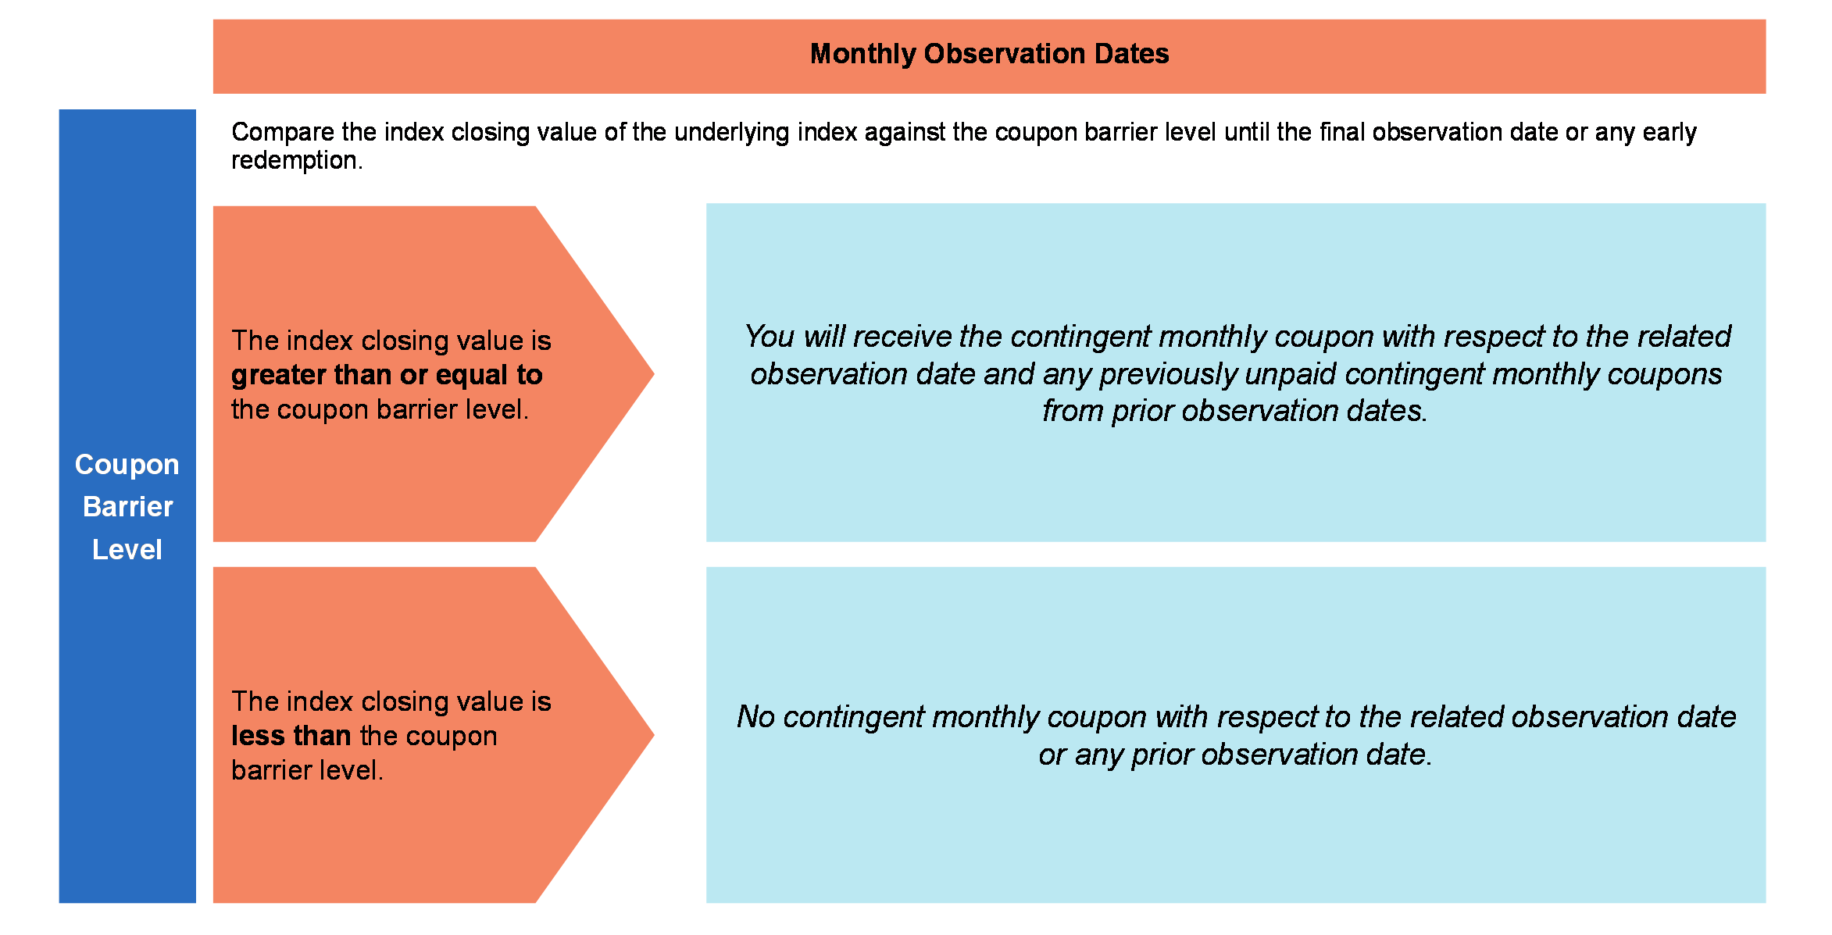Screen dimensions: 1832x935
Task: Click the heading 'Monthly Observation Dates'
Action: coord(989,54)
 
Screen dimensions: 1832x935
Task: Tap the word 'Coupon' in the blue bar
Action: coord(127,465)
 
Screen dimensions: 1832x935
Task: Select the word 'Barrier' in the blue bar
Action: coord(127,507)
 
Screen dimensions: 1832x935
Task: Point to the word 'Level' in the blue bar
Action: coord(127,550)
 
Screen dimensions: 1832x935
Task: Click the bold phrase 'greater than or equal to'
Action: coord(387,376)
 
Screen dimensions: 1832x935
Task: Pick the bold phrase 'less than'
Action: coord(291,736)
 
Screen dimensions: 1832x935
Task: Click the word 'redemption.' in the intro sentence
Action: coord(297,161)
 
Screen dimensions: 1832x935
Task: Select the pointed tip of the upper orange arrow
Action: coord(654,374)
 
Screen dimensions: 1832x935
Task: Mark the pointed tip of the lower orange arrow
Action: coord(654,734)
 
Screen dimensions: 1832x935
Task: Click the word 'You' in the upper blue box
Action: coord(770,337)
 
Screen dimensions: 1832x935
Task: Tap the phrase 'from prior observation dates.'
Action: coord(1235,411)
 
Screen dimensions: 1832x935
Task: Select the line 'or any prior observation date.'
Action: coord(1235,755)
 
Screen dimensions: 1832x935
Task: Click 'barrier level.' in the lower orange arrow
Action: coord(307,771)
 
